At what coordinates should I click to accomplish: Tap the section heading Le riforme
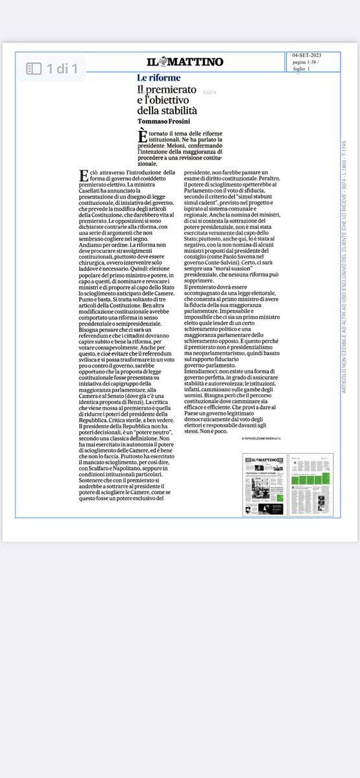[159, 78]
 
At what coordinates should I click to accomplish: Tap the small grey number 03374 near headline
[210, 93]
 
